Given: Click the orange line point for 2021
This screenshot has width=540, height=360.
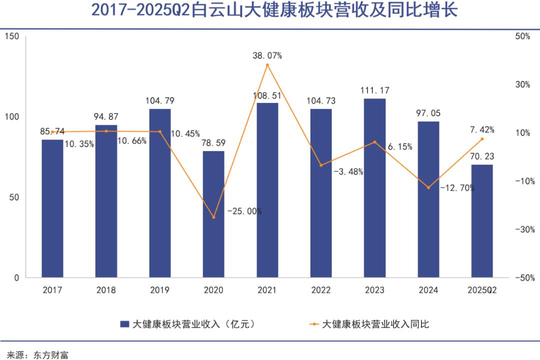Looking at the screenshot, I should [267, 65].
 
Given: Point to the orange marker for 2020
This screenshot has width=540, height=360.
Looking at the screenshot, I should [213, 217].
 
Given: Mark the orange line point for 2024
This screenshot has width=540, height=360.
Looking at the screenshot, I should [428, 187].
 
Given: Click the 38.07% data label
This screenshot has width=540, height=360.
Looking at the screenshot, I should [267, 55].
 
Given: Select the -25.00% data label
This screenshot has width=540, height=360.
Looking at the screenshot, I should [244, 211].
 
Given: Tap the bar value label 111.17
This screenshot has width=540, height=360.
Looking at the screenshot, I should [374, 90].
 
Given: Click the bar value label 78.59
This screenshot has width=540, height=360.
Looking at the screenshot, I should [213, 142].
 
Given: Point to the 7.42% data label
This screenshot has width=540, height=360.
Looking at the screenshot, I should [482, 130].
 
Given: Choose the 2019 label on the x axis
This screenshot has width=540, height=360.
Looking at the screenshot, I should [159, 290].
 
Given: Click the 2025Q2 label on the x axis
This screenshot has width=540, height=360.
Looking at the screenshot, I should [482, 290].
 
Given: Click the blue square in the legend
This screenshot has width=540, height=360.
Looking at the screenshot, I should [124, 324].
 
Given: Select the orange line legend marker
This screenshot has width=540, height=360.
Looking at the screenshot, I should [313, 324].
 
